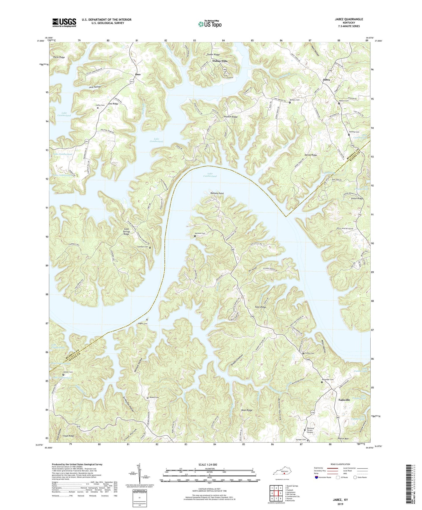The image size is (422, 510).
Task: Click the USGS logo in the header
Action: coord(64,22)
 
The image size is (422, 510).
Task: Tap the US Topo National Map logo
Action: coord(210,24)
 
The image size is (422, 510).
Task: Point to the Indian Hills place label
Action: coord(220,61)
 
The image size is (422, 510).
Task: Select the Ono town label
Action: coord(138,74)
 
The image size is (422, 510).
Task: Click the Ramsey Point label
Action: coord(217,193)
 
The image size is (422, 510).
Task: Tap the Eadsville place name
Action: coord(344,400)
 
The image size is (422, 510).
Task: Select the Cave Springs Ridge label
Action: coord(126,232)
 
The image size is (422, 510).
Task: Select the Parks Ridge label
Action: coord(59,57)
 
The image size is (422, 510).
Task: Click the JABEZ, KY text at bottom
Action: coord(338,500)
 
